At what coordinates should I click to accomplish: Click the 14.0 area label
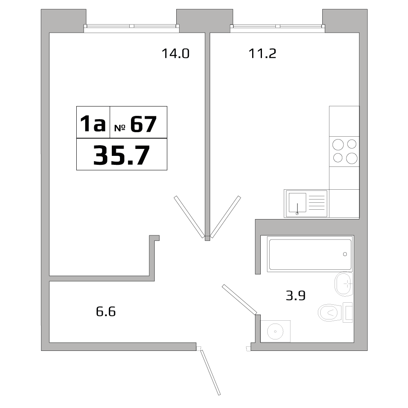click(176, 53)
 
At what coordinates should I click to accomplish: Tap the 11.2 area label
click(263, 53)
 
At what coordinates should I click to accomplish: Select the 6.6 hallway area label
click(106, 312)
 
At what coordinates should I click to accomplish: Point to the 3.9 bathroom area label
click(296, 295)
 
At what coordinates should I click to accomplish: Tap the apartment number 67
click(143, 124)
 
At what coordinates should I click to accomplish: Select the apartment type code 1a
click(93, 124)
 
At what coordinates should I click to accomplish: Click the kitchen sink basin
click(297, 203)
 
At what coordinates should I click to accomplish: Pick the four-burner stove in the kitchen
click(344, 151)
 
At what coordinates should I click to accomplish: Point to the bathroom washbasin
click(344, 283)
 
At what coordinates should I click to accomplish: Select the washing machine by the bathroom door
click(276, 331)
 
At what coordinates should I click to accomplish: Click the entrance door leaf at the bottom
click(211, 372)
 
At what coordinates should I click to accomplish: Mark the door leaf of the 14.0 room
click(189, 217)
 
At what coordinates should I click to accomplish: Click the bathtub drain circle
click(345, 254)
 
